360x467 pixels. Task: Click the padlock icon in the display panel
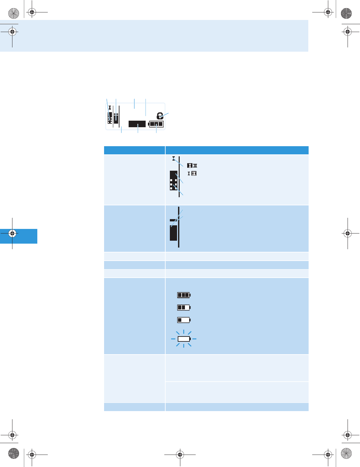tap(160, 116)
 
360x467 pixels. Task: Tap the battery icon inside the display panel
tap(156, 124)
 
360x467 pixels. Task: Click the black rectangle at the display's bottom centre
tap(137, 124)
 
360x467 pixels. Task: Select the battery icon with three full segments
tap(184, 295)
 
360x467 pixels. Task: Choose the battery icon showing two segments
tap(184, 307)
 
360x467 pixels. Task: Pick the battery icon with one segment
tap(184, 320)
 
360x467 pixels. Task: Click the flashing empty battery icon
tap(184, 339)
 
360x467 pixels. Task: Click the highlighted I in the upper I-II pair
tap(189, 166)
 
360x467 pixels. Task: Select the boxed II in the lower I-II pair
tap(194, 173)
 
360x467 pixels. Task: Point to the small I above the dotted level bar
tap(173, 159)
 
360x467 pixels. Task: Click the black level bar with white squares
tap(173, 181)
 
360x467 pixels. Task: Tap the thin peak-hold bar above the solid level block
tap(173, 220)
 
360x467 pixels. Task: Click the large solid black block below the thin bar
tap(173, 233)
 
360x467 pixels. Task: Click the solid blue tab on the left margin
tap(19, 236)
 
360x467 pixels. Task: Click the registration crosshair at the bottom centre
tap(180, 455)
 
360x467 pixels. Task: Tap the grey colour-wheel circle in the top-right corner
tap(346, 13)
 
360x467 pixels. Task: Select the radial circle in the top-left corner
tap(13, 13)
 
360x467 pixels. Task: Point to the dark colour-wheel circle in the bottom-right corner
tap(346, 453)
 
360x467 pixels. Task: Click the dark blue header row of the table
tap(206, 150)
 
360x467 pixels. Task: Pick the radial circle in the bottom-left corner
tap(13, 453)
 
